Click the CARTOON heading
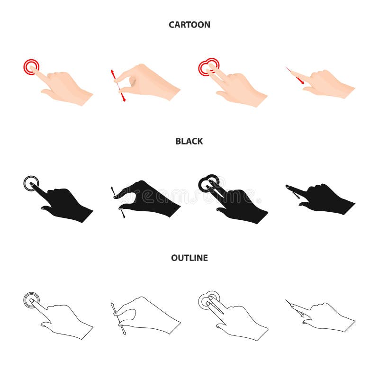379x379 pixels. click(x=189, y=25)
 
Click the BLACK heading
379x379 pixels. click(x=189, y=141)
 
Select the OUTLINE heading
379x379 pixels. click(x=189, y=258)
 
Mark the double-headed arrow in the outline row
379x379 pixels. click(x=117, y=318)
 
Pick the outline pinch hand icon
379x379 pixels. click(x=149, y=315)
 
